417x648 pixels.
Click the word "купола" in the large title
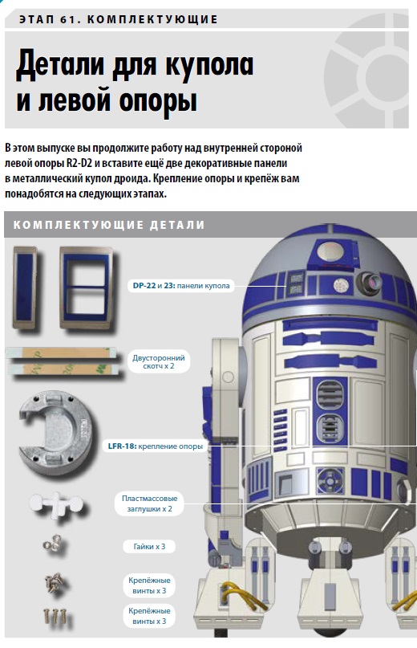pyautogui.click(x=209, y=64)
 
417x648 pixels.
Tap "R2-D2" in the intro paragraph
pyautogui.click(x=79, y=163)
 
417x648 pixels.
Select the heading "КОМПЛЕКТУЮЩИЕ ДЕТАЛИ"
pyautogui.click(x=109, y=225)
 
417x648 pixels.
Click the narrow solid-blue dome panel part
pyautogui.click(x=25, y=287)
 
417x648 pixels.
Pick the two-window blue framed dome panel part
pyautogui.click(x=86, y=287)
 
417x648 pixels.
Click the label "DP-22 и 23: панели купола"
pyautogui.click(x=181, y=286)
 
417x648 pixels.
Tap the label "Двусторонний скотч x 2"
pyautogui.click(x=159, y=361)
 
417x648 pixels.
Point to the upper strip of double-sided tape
pyautogui.click(x=61, y=353)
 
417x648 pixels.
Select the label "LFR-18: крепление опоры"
pyautogui.click(x=156, y=446)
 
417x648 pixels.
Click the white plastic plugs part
pyautogui.click(x=56, y=503)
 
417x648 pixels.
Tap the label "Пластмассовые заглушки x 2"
pyautogui.click(x=149, y=503)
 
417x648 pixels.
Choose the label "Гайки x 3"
pyautogui.click(x=149, y=546)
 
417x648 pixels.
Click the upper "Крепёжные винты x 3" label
pyautogui.click(x=149, y=585)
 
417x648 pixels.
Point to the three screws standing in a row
pyautogui.click(x=54, y=616)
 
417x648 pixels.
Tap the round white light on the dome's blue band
pyautogui.click(x=340, y=284)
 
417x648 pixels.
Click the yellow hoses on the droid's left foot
pyautogui.click(x=245, y=597)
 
